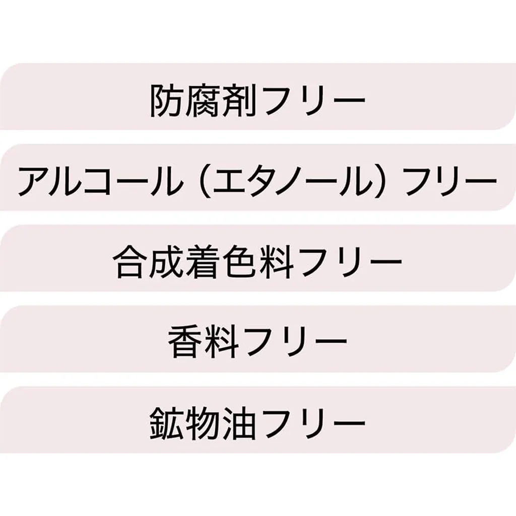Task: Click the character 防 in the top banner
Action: (x=167, y=100)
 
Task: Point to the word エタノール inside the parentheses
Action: (x=294, y=181)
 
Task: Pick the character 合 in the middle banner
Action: (x=130, y=262)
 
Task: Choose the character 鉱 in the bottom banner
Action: (x=167, y=423)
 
